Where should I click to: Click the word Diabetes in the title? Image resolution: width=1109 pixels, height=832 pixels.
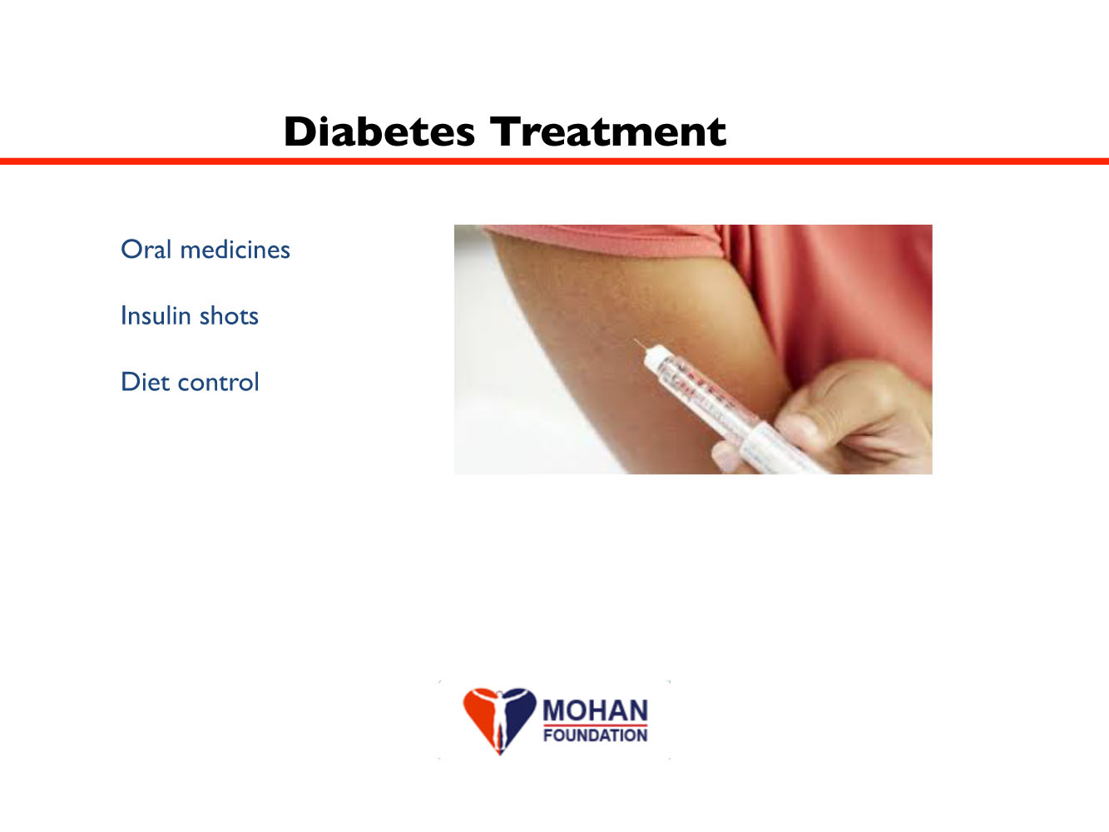point(379,131)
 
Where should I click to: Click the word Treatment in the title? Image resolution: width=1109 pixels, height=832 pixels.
point(608,131)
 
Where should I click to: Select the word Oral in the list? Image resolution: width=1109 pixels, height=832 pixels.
point(146,249)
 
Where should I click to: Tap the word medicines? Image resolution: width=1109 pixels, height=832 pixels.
point(235,249)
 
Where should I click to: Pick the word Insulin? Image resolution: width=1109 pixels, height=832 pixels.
point(156,315)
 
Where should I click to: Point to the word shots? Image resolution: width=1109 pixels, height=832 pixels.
point(229,315)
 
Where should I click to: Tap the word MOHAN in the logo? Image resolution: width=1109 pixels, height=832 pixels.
point(595,711)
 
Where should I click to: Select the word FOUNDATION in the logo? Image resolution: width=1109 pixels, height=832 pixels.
point(595,735)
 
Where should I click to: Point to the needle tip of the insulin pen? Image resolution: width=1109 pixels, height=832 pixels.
point(635,341)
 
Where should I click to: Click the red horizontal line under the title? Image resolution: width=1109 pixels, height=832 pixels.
point(554,161)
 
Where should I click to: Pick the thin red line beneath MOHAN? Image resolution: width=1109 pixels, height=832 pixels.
point(595,726)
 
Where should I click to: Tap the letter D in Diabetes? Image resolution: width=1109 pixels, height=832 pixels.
point(300,131)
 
